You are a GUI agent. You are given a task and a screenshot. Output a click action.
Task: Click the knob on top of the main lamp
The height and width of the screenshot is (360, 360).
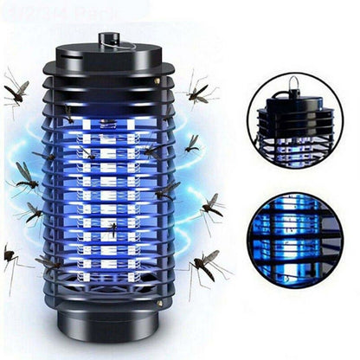tap(108, 40)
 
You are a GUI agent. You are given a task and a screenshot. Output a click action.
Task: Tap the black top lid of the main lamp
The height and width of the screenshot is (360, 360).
tap(108, 61)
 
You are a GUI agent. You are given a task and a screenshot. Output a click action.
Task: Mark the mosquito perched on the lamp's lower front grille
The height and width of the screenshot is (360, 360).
tap(112, 228)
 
